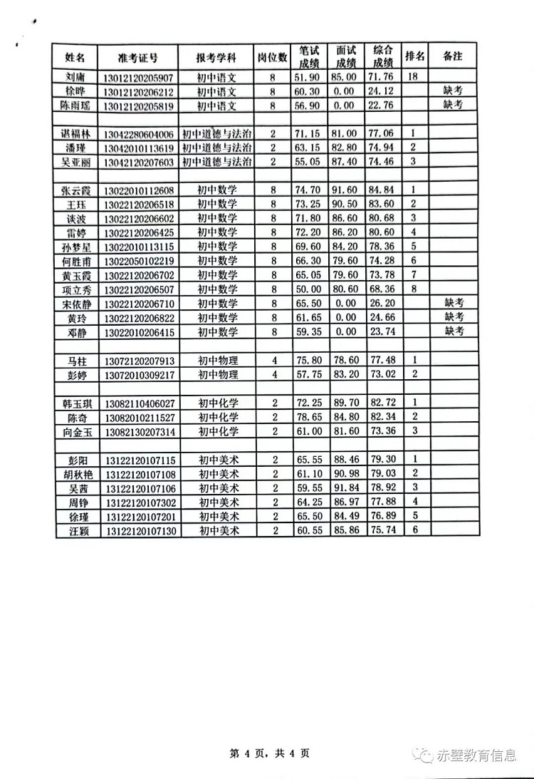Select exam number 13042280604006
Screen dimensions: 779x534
click(x=138, y=134)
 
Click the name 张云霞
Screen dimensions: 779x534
click(x=75, y=190)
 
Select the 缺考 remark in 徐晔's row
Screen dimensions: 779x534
click(x=454, y=91)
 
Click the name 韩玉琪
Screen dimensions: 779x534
click(x=78, y=403)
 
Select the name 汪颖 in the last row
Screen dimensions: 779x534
click(x=77, y=531)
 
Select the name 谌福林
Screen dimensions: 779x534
click(x=75, y=134)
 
